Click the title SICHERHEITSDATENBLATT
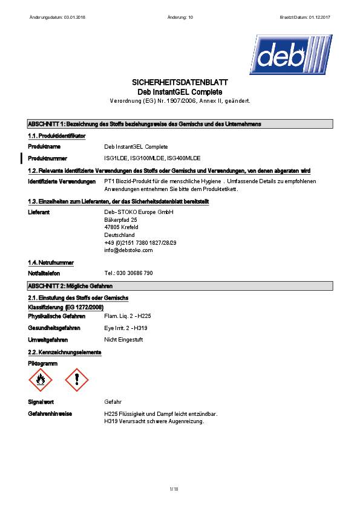[180, 82]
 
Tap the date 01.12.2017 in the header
[317, 18]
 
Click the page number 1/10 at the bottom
[174, 488]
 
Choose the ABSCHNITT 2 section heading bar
[180, 285]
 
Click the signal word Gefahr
[113, 401]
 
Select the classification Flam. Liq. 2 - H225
[127, 316]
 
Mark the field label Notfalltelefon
[44, 273]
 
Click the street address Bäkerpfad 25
[121, 220]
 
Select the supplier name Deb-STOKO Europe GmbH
[139, 212]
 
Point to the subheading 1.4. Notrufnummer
[51, 263]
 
